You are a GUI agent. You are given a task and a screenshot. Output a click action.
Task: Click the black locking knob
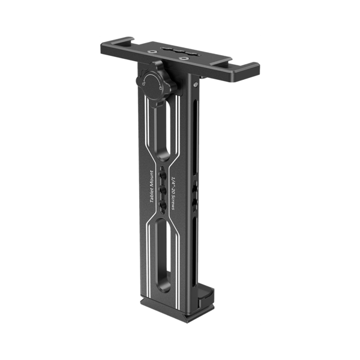click(157, 84)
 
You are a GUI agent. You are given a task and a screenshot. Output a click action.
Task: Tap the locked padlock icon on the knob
click(161, 87)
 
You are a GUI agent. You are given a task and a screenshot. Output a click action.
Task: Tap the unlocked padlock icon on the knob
click(144, 84)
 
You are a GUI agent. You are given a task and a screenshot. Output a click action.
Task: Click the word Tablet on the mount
click(152, 193)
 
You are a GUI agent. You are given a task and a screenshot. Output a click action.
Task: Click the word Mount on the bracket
click(151, 177)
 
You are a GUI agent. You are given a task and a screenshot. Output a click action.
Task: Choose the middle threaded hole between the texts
click(163, 190)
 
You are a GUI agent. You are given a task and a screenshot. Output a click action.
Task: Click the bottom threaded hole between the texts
click(163, 205)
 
